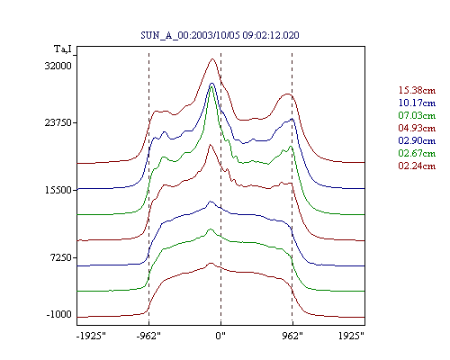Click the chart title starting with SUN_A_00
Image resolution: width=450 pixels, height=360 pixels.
[x=220, y=35]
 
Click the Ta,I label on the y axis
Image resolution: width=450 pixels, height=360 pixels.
[x=63, y=49]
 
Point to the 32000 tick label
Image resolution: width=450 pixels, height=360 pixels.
[x=58, y=66]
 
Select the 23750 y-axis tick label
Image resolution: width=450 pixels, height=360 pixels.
[x=58, y=122]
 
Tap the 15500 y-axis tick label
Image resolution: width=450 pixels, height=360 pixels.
[x=58, y=190]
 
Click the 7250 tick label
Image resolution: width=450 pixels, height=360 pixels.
[x=61, y=257]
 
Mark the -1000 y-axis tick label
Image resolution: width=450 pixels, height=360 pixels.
[x=59, y=314]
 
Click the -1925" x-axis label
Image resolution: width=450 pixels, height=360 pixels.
[x=91, y=336]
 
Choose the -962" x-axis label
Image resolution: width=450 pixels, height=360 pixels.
[x=148, y=336]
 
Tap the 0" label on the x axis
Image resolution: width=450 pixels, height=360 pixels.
[x=220, y=336]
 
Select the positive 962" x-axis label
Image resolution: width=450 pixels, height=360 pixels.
[x=292, y=336]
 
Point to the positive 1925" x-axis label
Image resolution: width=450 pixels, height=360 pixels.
[x=351, y=336]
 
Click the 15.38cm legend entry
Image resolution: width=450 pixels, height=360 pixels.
[x=417, y=90]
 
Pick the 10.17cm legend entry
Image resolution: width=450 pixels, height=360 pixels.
[x=417, y=103]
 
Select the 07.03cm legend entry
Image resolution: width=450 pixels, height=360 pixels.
[x=417, y=115]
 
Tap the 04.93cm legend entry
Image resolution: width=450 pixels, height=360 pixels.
[x=417, y=128]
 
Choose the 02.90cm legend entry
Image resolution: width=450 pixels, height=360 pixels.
[x=417, y=140]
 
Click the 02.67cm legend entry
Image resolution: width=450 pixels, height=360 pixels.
[x=417, y=153]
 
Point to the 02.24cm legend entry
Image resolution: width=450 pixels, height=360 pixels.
[x=417, y=166]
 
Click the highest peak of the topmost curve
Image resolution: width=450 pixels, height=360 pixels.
[x=212, y=58]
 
